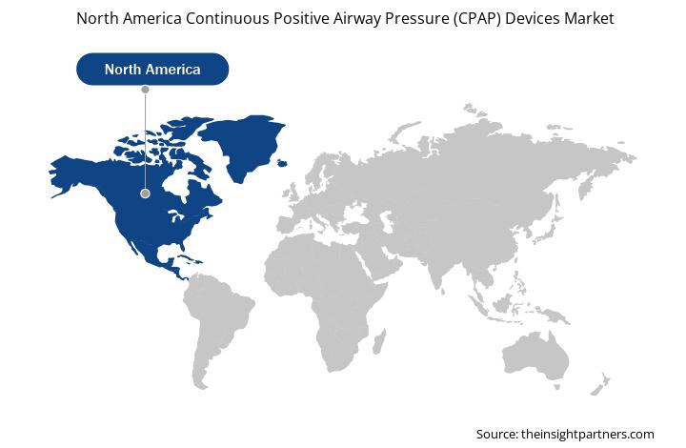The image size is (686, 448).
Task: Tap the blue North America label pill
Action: coord(152,70)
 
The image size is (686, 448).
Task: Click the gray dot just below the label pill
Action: coord(145,90)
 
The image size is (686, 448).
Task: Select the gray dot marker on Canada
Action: coord(145,193)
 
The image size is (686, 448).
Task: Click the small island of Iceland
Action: coord(283,163)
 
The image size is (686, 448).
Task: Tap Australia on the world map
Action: coord(535,355)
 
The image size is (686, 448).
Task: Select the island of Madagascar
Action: coord(379,341)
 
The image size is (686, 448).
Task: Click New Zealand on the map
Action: coord(600,384)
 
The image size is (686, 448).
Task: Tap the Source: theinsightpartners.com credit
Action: coord(565,434)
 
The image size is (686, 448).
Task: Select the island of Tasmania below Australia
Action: coord(557,387)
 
